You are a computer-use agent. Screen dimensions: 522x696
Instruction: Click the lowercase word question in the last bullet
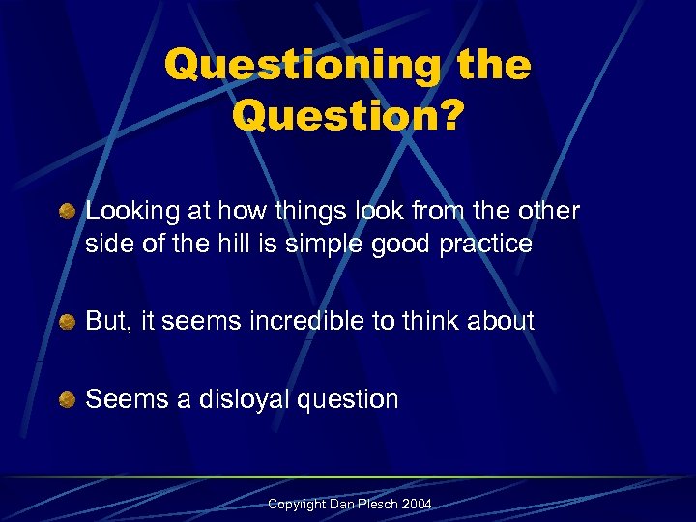click(x=350, y=399)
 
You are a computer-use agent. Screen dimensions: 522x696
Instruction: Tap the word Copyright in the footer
click(x=297, y=506)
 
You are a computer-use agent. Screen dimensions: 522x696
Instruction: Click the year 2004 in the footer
click(x=417, y=506)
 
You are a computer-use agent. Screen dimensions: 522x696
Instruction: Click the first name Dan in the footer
click(x=341, y=506)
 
